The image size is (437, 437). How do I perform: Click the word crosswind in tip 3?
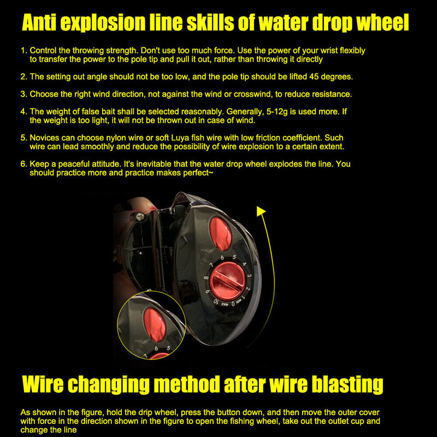point(252,94)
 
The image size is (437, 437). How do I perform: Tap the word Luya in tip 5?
point(180,138)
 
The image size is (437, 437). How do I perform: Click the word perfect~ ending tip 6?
point(198,173)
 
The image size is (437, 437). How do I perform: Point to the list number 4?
point(23,112)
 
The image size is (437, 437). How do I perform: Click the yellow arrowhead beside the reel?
point(261,211)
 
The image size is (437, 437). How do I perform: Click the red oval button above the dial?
point(221,234)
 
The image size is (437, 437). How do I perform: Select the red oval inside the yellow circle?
point(155,325)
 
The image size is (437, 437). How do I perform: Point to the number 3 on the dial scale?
point(250,276)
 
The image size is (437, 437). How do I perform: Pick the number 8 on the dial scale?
point(206,278)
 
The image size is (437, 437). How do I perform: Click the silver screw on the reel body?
point(140,216)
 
